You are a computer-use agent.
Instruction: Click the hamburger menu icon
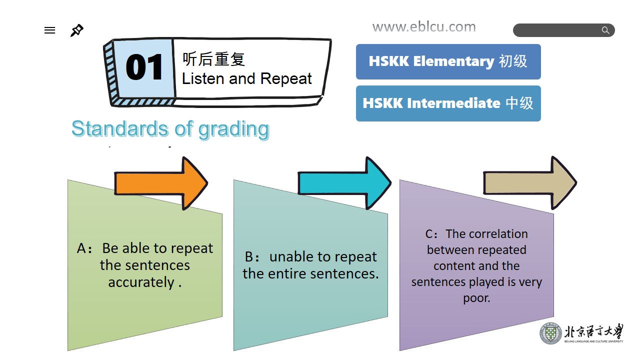tap(49, 30)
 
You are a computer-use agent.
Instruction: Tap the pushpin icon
tap(77, 30)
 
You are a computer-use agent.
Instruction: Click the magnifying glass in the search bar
tap(605, 30)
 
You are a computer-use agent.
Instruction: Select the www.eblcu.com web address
tap(424, 27)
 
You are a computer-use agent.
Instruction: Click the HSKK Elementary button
tap(448, 61)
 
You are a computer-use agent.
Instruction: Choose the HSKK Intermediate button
tap(448, 103)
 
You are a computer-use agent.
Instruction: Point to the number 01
tap(144, 67)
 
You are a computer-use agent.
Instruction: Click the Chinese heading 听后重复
tap(213, 59)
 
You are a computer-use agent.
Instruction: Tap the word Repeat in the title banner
tap(286, 78)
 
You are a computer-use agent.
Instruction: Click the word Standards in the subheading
tap(120, 128)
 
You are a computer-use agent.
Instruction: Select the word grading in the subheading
tap(233, 129)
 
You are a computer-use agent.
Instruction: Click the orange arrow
tap(161, 183)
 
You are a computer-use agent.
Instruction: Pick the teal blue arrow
tap(344, 183)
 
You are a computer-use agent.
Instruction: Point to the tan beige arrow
tap(530, 183)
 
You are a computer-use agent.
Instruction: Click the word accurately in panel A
tap(141, 282)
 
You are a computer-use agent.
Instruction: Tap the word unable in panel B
tap(290, 256)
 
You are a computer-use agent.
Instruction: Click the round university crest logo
tap(550, 333)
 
